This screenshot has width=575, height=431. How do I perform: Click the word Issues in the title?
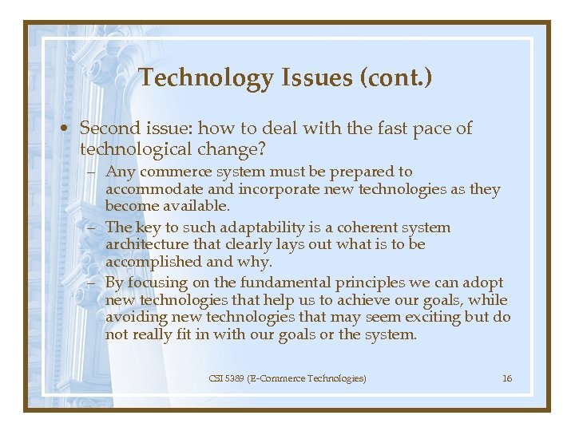click(x=315, y=78)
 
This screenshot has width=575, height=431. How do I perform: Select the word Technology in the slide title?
click(x=206, y=78)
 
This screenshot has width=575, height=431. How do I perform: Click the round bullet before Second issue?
click(x=69, y=129)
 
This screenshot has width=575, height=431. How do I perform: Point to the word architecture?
click(x=147, y=245)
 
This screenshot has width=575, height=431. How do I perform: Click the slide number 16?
click(x=507, y=378)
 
